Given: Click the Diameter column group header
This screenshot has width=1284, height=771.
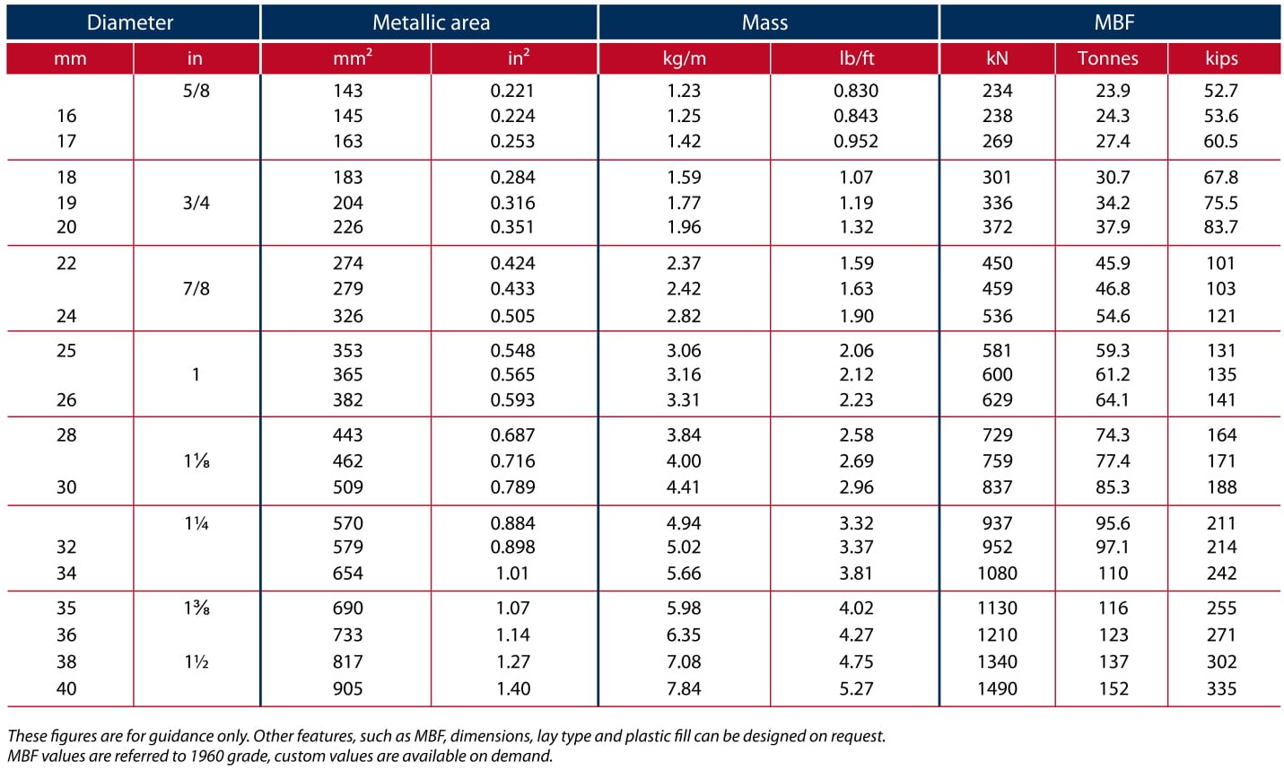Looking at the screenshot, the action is tap(129, 22).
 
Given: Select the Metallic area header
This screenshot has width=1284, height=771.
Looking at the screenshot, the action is tap(431, 22).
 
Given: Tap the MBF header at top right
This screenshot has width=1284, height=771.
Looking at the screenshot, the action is tap(1114, 22).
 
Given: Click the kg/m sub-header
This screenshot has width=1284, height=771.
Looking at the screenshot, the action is tap(685, 58).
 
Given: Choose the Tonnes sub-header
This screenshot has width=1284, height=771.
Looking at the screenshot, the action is tap(1107, 58).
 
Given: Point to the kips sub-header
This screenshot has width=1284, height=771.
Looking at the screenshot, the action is tap(1221, 58).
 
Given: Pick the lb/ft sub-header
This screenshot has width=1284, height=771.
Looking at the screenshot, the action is tap(857, 58).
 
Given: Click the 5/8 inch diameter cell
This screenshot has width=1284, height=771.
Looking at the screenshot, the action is tap(196, 91).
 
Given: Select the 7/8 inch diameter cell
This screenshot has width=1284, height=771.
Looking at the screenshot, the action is tap(196, 288).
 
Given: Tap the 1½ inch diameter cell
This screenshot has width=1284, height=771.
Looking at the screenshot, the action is tap(196, 662).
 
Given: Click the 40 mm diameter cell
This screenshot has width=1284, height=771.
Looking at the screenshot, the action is tap(66, 688).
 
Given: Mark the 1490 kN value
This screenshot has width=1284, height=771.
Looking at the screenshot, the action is tap(998, 688).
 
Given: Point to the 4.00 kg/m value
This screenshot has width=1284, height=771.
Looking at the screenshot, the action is tap(684, 460).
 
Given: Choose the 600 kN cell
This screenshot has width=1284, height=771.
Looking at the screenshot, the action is tap(998, 374).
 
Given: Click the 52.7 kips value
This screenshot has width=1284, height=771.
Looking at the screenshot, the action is tap(1221, 91).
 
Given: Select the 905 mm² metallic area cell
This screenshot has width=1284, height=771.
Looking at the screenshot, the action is tap(348, 688).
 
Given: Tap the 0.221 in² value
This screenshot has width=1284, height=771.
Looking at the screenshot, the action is tap(512, 91).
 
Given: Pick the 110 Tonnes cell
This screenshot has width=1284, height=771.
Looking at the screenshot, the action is tap(1113, 574).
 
